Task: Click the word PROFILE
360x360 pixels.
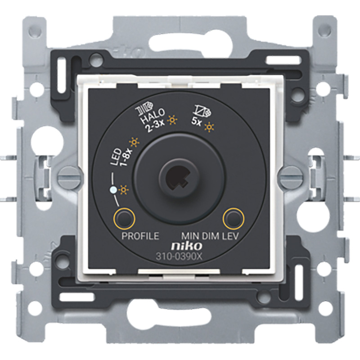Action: pos(140,236)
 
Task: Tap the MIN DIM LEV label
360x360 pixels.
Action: pos(210,236)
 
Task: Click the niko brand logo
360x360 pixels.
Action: pos(187,246)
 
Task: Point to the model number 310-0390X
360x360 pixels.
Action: pos(179,256)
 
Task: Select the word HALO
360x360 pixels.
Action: pos(153,116)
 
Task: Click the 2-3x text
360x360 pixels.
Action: pos(156,126)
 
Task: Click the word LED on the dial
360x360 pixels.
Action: pos(116,157)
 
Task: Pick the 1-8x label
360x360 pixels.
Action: pos(126,158)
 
